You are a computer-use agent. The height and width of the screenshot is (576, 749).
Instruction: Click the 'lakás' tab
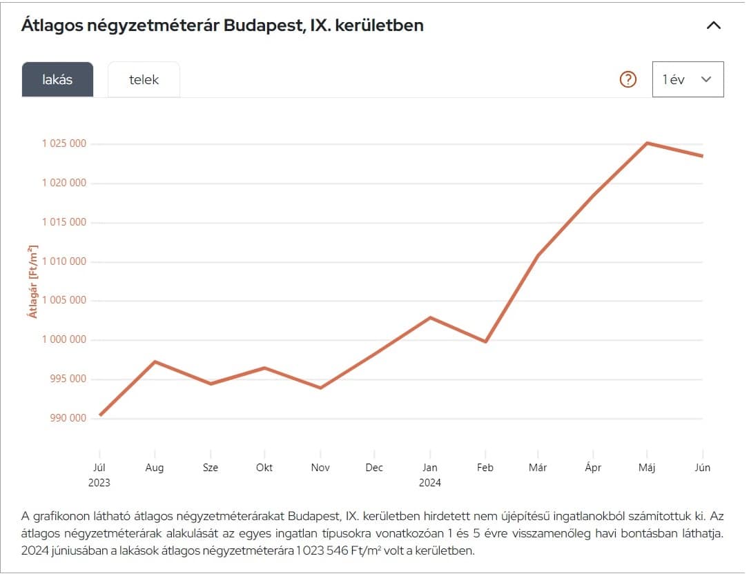[57, 79]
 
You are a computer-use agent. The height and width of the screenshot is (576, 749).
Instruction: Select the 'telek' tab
[144, 79]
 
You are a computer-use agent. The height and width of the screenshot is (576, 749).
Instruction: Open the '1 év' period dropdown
[688, 79]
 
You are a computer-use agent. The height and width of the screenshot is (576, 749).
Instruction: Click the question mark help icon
[628, 79]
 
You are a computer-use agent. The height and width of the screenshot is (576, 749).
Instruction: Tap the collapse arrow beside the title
[713, 26]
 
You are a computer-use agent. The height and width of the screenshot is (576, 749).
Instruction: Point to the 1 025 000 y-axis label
[64, 143]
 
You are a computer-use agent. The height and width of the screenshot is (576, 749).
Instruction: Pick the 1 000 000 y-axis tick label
[64, 339]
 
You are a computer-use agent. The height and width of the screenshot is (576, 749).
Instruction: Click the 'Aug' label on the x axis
[155, 468]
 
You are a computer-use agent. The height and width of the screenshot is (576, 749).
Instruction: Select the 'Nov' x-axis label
[320, 468]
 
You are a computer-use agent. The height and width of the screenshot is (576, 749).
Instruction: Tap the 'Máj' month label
[647, 468]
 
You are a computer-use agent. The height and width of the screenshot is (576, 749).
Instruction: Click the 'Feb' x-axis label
[485, 468]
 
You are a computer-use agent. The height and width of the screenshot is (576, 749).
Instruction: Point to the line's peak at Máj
[647, 143]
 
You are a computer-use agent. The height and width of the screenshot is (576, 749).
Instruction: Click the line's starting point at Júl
[100, 415]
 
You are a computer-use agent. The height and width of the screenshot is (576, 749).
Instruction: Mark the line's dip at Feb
[486, 341]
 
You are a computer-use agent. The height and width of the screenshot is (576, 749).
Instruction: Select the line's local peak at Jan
[430, 317]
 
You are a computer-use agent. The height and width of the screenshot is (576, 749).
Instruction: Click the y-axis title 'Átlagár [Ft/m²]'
[33, 281]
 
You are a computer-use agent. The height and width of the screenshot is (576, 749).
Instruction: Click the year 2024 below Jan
[430, 483]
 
